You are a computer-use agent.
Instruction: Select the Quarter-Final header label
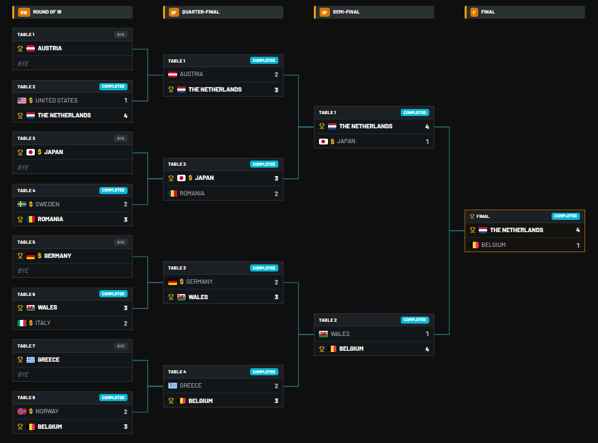(200, 12)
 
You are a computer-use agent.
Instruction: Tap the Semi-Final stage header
(346, 12)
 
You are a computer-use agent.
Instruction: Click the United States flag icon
(22, 101)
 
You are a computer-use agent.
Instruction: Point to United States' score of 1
(126, 101)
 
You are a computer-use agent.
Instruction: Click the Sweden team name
(47, 204)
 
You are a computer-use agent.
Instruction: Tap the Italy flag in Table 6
(22, 323)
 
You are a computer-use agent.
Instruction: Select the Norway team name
(47, 411)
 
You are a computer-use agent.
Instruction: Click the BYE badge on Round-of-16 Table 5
(121, 242)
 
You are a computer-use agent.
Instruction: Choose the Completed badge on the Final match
(566, 216)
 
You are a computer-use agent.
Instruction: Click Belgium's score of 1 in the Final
(578, 245)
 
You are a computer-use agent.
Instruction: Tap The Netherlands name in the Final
(516, 230)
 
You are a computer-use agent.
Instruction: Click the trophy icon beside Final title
(472, 217)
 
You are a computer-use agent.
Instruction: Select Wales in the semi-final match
(340, 334)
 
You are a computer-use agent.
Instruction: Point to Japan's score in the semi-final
(427, 142)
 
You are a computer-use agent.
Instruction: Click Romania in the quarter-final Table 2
(192, 193)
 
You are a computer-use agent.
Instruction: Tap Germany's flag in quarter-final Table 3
(173, 282)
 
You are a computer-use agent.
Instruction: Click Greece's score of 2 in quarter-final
(276, 386)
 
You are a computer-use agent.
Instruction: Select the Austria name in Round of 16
(50, 48)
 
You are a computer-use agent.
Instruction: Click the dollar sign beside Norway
(31, 411)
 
